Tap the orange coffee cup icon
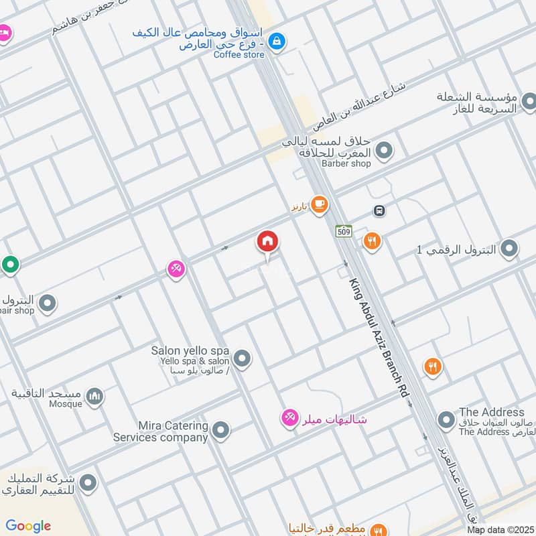pyautogui.click(x=319, y=204)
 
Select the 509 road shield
pyautogui.click(x=344, y=230)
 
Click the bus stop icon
pyautogui.click(x=379, y=211)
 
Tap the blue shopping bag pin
pyautogui.click(x=275, y=42)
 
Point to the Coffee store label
pyautogui.click(x=239, y=55)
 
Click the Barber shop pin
pyautogui.click(x=384, y=151)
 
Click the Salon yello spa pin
pyautogui.click(x=243, y=359)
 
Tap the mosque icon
pyautogui.click(x=94, y=397)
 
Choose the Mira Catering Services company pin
pyautogui.click(x=220, y=430)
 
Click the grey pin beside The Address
pyautogui.click(x=446, y=421)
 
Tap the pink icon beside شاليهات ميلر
pyautogui.click(x=289, y=419)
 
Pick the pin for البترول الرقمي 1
pyautogui.click(x=509, y=249)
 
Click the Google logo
pyautogui.click(x=28, y=526)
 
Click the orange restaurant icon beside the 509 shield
pyautogui.click(x=372, y=241)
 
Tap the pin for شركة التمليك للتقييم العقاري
pyautogui.click(x=87, y=482)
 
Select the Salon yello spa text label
pyautogui.click(x=190, y=350)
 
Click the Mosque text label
pyautogui.click(x=66, y=404)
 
